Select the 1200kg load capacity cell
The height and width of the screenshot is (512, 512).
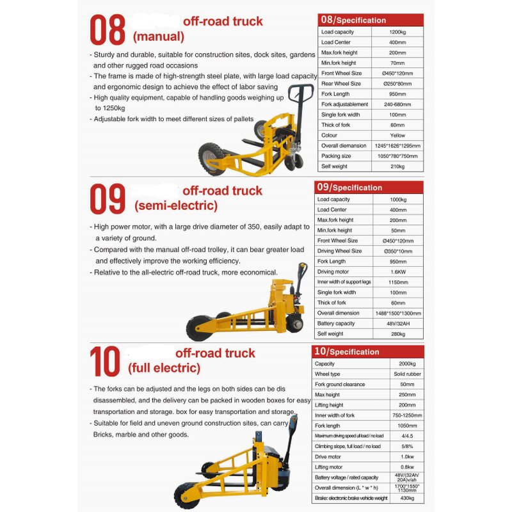[x=397, y=32]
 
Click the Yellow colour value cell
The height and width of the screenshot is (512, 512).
[x=397, y=135]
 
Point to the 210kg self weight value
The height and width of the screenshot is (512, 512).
[x=397, y=166]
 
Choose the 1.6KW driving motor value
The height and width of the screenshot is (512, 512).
[x=397, y=271]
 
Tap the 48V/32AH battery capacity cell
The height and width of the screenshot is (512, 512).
[x=397, y=323]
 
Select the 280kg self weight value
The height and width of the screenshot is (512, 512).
[x=397, y=333]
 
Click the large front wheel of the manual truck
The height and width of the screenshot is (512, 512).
[x=211, y=159]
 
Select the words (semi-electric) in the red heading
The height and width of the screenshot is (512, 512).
[x=175, y=206]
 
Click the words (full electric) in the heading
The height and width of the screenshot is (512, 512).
[x=164, y=368]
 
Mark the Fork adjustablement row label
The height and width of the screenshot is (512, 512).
[x=344, y=104]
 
